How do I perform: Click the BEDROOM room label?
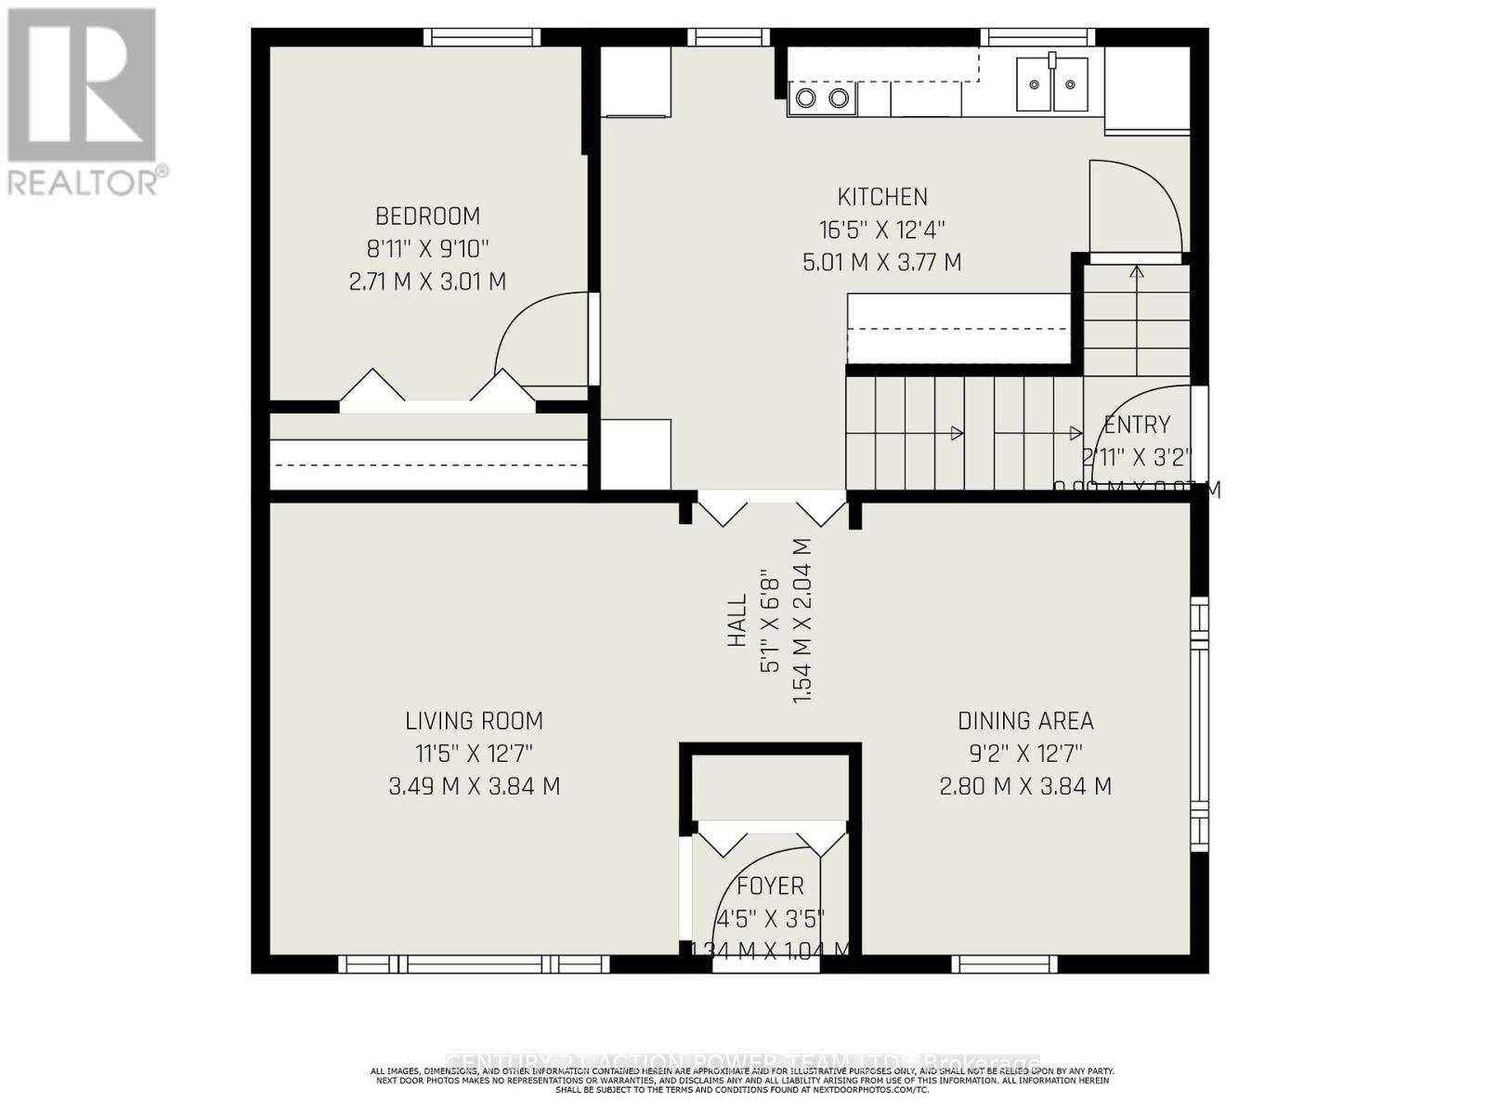pos(427,216)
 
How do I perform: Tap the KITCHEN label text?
pos(882,197)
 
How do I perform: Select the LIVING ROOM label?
pos(474,721)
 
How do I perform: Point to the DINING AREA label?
pos(1025,721)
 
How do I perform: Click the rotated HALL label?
pos(737,621)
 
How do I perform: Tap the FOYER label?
pos(770,886)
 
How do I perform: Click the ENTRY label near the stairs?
pos(1137,426)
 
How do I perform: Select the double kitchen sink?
pos(1051,85)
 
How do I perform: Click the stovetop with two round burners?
pos(822,98)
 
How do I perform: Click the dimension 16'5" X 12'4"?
pos(882,230)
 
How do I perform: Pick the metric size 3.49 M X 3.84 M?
pos(474,787)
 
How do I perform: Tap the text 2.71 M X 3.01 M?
pos(427,282)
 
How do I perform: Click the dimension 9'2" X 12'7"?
pos(1025,754)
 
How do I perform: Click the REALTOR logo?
pos(84,102)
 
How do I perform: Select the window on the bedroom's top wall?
pos(482,37)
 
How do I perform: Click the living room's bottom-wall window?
pos(474,964)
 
